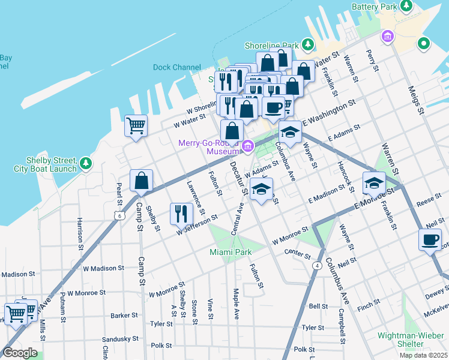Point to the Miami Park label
click(x=231, y=253)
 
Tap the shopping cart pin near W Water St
click(x=136, y=126)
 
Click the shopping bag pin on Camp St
click(x=141, y=181)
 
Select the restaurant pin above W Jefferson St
click(x=181, y=214)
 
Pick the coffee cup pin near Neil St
click(x=430, y=240)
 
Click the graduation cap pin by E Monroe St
click(x=373, y=182)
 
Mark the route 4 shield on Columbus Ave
click(x=315, y=265)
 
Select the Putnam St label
click(x=63, y=312)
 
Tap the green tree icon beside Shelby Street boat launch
click(x=86, y=163)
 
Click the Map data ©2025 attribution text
click(x=423, y=355)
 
